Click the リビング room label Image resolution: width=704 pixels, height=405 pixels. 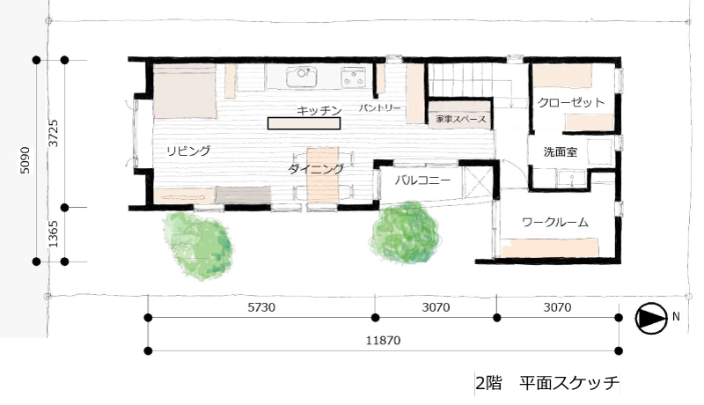[188, 151]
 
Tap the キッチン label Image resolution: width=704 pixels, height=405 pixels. [319, 110]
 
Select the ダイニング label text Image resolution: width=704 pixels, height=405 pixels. [316, 169]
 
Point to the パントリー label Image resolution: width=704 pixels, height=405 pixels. [379, 107]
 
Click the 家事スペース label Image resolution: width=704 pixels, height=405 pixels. [461, 120]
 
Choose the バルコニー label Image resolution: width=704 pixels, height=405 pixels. [422, 180]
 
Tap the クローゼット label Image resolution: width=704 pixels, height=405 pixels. [571, 102]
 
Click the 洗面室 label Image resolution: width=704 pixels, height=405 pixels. [561, 151]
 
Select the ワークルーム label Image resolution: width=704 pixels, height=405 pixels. [555, 222]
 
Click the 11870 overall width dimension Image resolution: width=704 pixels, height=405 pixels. [383, 341]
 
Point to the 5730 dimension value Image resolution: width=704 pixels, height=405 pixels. [261, 307]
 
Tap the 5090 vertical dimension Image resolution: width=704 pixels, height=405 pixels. [26, 160]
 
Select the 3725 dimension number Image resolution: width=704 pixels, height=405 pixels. [54, 133]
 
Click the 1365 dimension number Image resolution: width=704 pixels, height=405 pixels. [54, 234]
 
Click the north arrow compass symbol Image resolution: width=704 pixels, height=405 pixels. [651, 318]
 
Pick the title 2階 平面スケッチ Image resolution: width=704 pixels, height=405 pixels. [547, 384]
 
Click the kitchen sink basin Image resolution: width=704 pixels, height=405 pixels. [301, 77]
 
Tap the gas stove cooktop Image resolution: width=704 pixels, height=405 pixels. [354, 77]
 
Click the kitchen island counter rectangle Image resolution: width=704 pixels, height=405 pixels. [304, 123]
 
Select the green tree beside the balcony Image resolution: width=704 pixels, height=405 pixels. [405, 232]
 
